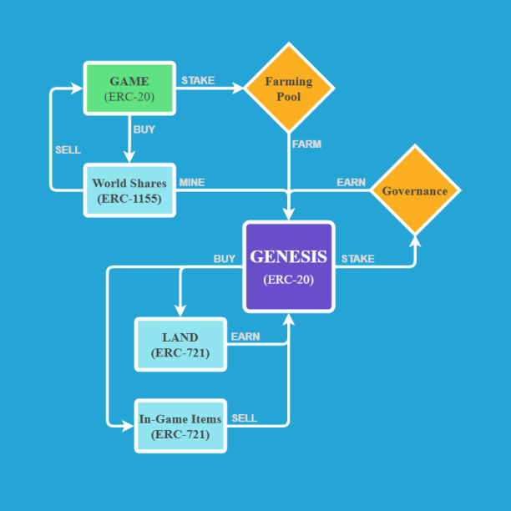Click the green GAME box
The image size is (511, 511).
click(x=129, y=88)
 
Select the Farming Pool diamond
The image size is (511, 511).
click(x=289, y=88)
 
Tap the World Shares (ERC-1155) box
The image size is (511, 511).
click(x=129, y=190)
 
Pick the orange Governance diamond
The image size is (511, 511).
click(x=415, y=190)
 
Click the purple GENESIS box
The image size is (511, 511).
click(x=289, y=266)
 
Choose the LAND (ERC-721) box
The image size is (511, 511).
click(x=180, y=344)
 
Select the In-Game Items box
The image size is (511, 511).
click(x=180, y=426)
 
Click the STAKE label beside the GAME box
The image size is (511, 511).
click(x=198, y=81)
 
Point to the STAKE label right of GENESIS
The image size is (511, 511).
click(x=357, y=259)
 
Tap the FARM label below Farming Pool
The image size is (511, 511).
click(x=306, y=144)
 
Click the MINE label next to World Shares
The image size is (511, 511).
click(x=192, y=183)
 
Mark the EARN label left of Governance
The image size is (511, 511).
click(x=351, y=183)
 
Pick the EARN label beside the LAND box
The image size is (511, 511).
click(x=245, y=337)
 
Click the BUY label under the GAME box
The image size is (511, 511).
click(x=144, y=129)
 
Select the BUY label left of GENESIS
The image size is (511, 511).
click(x=225, y=259)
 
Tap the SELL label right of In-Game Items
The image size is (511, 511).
click(x=245, y=418)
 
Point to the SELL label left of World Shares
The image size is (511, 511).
click(x=68, y=150)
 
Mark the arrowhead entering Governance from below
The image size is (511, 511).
click(x=415, y=240)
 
